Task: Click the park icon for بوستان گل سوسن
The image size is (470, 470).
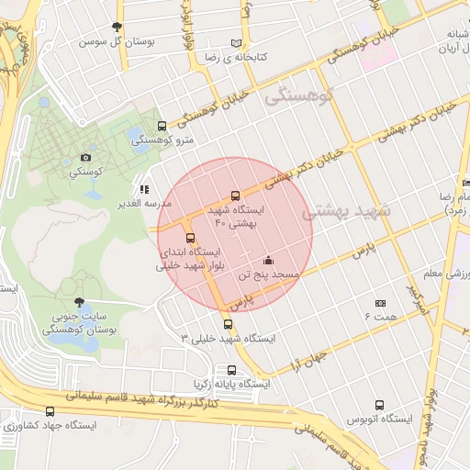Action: [x=116, y=28]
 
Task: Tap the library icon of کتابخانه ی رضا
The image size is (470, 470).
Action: [x=238, y=43]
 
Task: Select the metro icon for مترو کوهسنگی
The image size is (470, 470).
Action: [x=162, y=127]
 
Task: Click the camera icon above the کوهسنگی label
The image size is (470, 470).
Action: [x=86, y=158]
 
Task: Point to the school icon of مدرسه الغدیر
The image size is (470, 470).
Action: [x=142, y=188]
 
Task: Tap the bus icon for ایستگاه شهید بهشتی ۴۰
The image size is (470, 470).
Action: [x=236, y=196]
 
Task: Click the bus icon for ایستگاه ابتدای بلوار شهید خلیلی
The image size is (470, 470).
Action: [x=191, y=239]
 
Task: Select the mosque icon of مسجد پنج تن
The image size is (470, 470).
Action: [x=267, y=260]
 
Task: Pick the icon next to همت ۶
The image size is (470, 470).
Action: [x=380, y=303]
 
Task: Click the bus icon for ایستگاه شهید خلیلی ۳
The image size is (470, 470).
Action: [x=228, y=324]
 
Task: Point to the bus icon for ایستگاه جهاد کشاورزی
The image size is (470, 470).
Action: [x=50, y=412]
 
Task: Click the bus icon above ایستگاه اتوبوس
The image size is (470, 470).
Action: [x=379, y=405]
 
